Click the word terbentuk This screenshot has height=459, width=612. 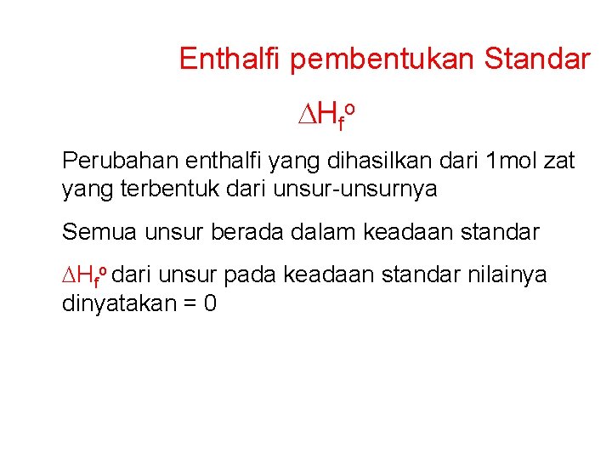pyautogui.click(x=158, y=189)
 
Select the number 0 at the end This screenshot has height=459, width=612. pyautogui.click(x=209, y=303)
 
